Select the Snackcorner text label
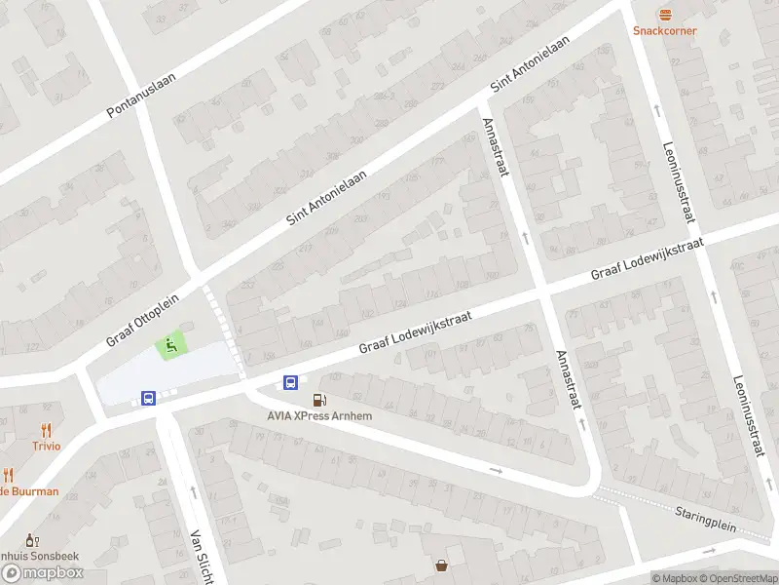point(665,30)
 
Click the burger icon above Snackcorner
point(665,14)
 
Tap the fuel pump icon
point(318,400)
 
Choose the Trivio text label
point(46,446)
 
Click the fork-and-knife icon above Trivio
point(46,429)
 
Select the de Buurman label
point(29,491)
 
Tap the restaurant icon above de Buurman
point(9,475)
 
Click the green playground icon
point(170,344)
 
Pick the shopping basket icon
point(442,565)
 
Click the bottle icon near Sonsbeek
point(30,539)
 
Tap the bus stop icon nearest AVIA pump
point(290,382)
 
